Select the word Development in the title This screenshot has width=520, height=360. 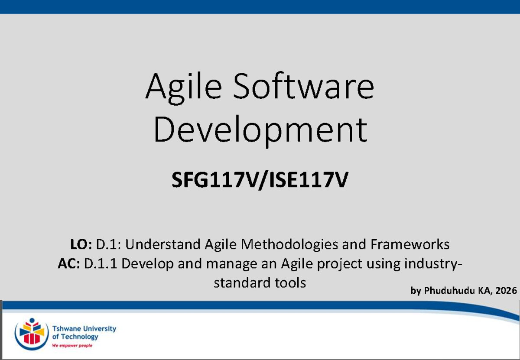tap(260, 131)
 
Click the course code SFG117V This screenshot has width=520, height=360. tap(215, 180)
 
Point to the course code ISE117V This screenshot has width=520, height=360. tap(309, 180)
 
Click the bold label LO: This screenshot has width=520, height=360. tap(81, 244)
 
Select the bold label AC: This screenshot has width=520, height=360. tap(69, 263)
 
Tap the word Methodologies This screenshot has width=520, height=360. tap(289, 245)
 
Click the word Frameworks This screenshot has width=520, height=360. tap(410, 244)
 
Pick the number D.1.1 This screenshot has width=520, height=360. tap(100, 264)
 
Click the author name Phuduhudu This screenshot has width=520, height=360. tap(449, 290)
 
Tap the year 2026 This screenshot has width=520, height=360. tap(506, 290)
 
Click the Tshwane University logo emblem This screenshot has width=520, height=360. tap(32, 334)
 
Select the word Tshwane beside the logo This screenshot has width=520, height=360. tap(66, 329)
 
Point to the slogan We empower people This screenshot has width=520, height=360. tap(72, 346)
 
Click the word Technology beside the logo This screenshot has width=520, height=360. tap(79, 337)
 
